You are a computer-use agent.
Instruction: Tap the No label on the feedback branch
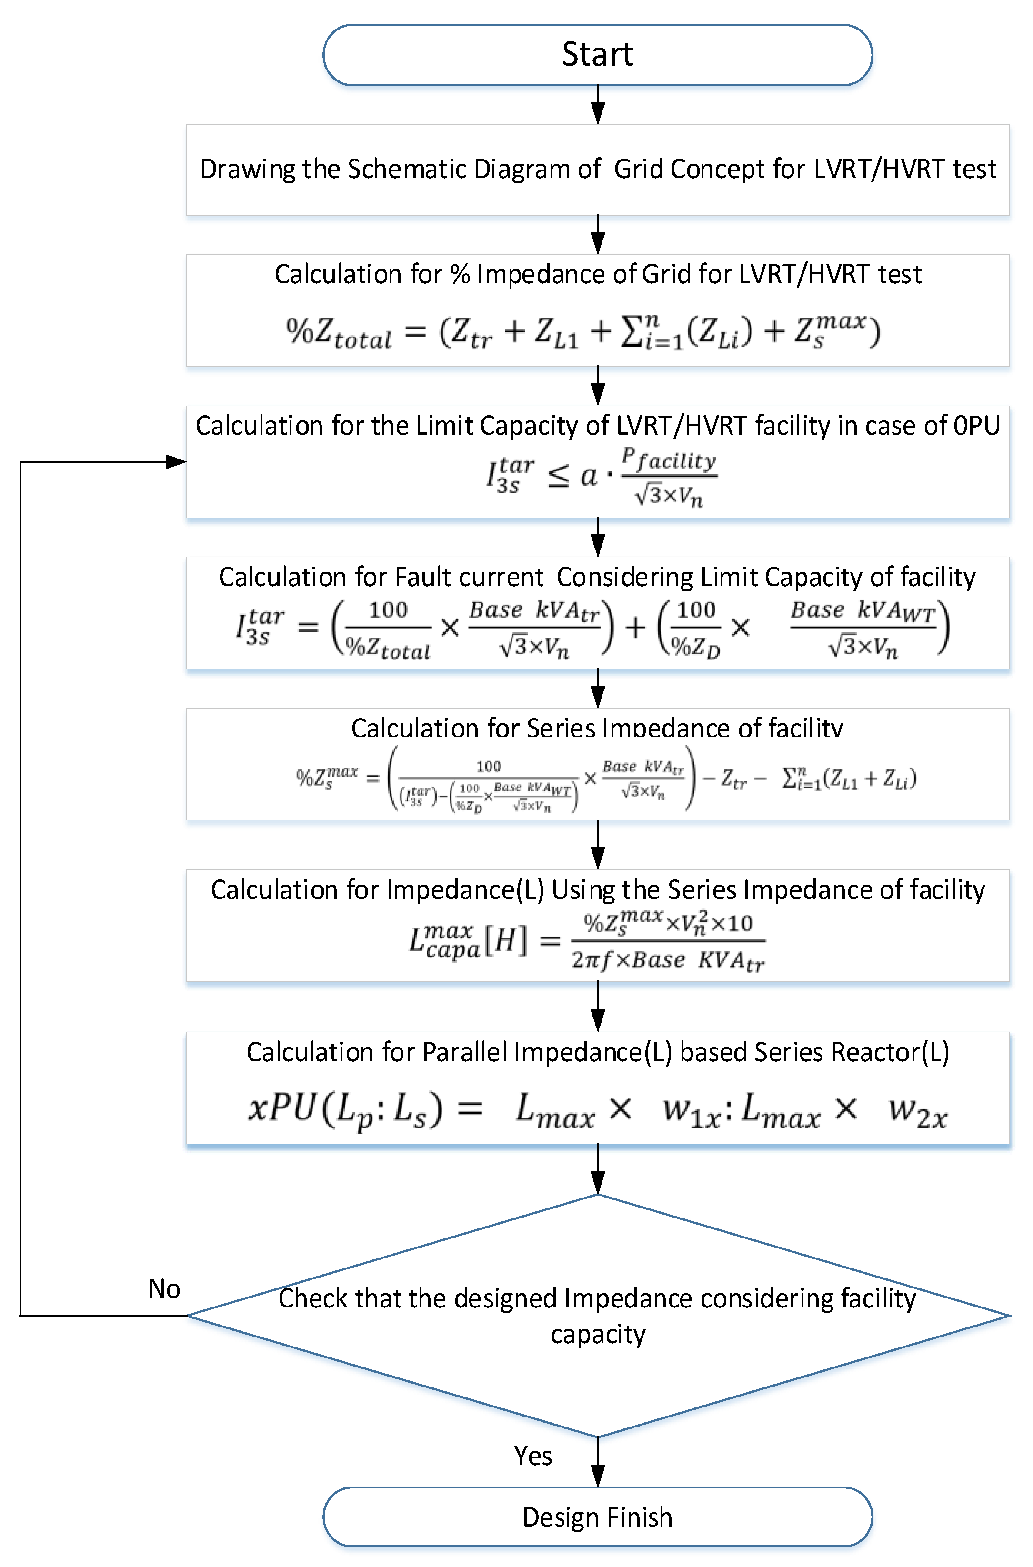[x=164, y=1289]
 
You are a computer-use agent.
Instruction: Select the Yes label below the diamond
[x=533, y=1456]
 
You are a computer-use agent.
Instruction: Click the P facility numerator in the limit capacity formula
[x=668, y=460]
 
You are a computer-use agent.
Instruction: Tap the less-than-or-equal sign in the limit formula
[x=559, y=476]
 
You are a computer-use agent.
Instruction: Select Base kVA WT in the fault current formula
[x=863, y=611]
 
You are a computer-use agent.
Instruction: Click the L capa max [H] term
[x=468, y=940]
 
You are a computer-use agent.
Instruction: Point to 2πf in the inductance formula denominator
[x=591, y=960]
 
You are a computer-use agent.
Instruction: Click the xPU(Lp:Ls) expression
[x=344, y=1110]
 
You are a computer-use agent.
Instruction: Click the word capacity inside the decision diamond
[x=598, y=1335]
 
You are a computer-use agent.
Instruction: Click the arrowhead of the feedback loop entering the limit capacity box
[x=177, y=462]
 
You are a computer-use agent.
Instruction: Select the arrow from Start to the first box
[x=598, y=105]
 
